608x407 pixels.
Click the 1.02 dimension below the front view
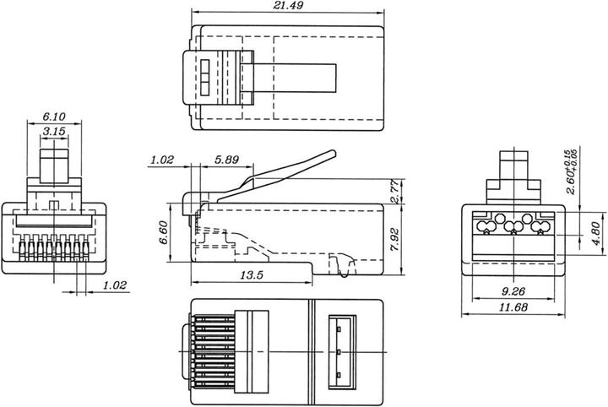114,286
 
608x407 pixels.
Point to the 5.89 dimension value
226,158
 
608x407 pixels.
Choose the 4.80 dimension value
594,229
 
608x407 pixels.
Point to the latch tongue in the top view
296,79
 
